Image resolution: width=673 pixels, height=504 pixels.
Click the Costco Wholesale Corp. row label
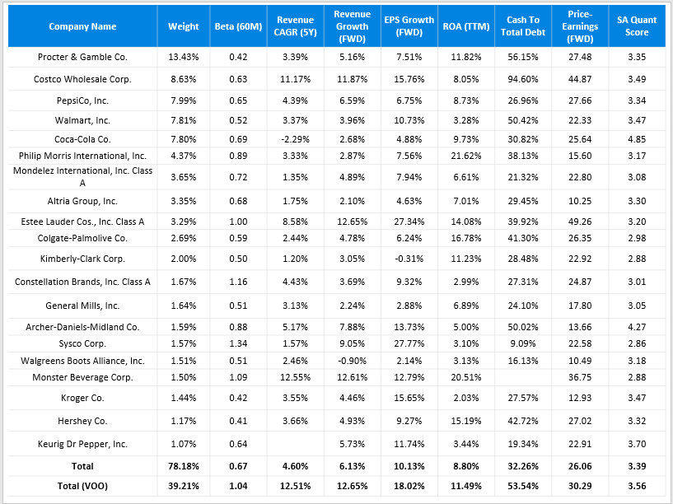tap(82, 80)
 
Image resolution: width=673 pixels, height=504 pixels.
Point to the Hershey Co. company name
tap(82, 421)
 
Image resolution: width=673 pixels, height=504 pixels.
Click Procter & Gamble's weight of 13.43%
tap(183, 57)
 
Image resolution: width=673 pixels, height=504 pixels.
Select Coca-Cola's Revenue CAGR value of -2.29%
tap(295, 139)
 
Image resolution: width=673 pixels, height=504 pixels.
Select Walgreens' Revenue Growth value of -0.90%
tap(352, 360)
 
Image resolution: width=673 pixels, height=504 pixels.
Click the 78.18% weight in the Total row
tap(183, 466)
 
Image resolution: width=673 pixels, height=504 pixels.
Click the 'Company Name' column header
tap(82, 26)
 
